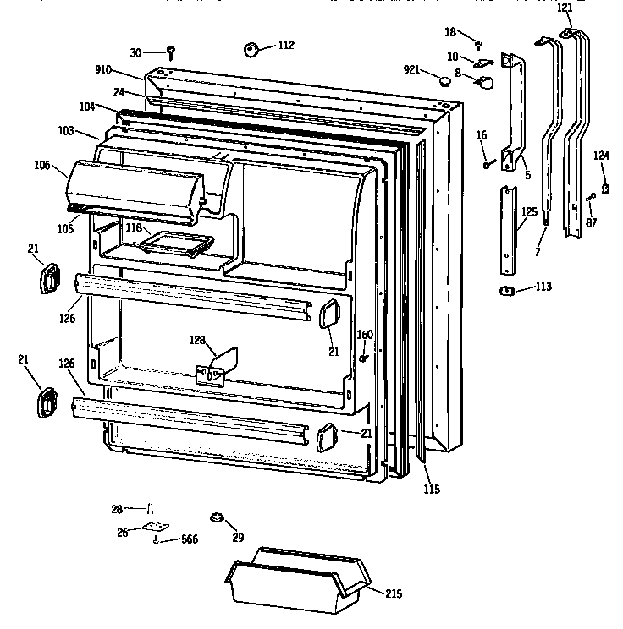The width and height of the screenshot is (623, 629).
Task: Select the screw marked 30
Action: click(170, 52)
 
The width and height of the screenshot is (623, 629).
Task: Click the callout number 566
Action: click(189, 539)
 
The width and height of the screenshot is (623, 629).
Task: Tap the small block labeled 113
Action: click(508, 291)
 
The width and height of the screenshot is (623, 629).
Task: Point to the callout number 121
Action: click(564, 8)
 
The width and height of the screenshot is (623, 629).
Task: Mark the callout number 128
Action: click(197, 340)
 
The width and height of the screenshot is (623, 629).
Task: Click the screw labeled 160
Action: click(363, 358)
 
